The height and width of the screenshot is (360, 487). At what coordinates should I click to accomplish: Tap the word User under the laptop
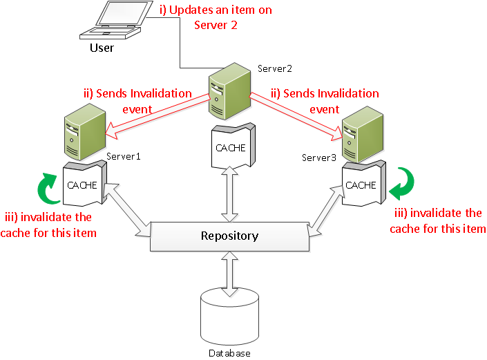pyautogui.click(x=102, y=48)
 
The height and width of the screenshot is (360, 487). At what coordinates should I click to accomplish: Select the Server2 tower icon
pyautogui.click(x=229, y=90)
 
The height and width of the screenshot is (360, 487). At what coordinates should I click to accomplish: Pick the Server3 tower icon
pyautogui.click(x=361, y=133)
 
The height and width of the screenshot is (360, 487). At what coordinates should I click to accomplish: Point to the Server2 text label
pyautogui.click(x=275, y=68)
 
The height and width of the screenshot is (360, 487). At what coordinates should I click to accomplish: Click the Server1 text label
pyautogui.click(x=123, y=157)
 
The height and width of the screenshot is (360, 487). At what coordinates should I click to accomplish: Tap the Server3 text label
pyautogui.click(x=319, y=158)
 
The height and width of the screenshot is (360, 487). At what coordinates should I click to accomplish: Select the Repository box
pyautogui.click(x=229, y=236)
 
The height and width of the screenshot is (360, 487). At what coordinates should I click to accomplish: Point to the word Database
pyautogui.click(x=229, y=353)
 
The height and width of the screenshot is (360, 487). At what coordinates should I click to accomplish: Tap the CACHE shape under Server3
pyautogui.click(x=361, y=185)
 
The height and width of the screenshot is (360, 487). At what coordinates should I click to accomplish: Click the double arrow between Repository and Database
pyautogui.click(x=229, y=269)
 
